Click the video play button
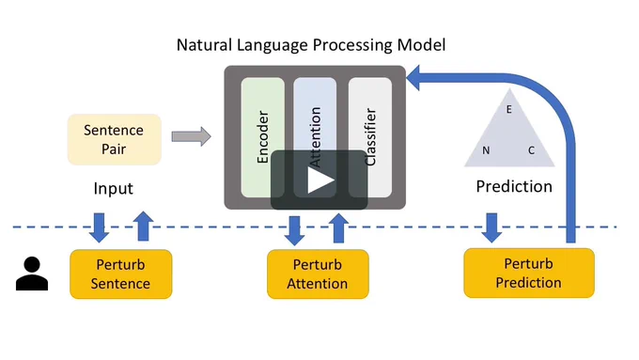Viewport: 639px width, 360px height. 319,180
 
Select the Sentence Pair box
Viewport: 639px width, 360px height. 115,139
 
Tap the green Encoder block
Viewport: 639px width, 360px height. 263,137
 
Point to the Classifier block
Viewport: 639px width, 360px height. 370,137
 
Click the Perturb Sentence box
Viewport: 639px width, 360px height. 120,274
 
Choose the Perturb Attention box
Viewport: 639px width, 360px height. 318,274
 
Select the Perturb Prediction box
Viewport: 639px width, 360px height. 529,273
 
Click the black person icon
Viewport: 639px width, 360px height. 32,274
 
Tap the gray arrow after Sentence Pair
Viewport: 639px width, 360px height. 191,136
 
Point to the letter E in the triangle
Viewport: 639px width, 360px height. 509,109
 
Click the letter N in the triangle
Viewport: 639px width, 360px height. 486,150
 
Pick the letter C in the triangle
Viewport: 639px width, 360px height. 532,150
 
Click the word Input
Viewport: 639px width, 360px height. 114,188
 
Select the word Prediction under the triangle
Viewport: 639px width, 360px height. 514,186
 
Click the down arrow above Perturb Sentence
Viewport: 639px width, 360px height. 99,227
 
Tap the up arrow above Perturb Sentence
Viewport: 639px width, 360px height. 143,227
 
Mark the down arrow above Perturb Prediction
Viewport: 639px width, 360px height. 491,227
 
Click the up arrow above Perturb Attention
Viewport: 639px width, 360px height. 338,228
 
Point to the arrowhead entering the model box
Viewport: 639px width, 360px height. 413,78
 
